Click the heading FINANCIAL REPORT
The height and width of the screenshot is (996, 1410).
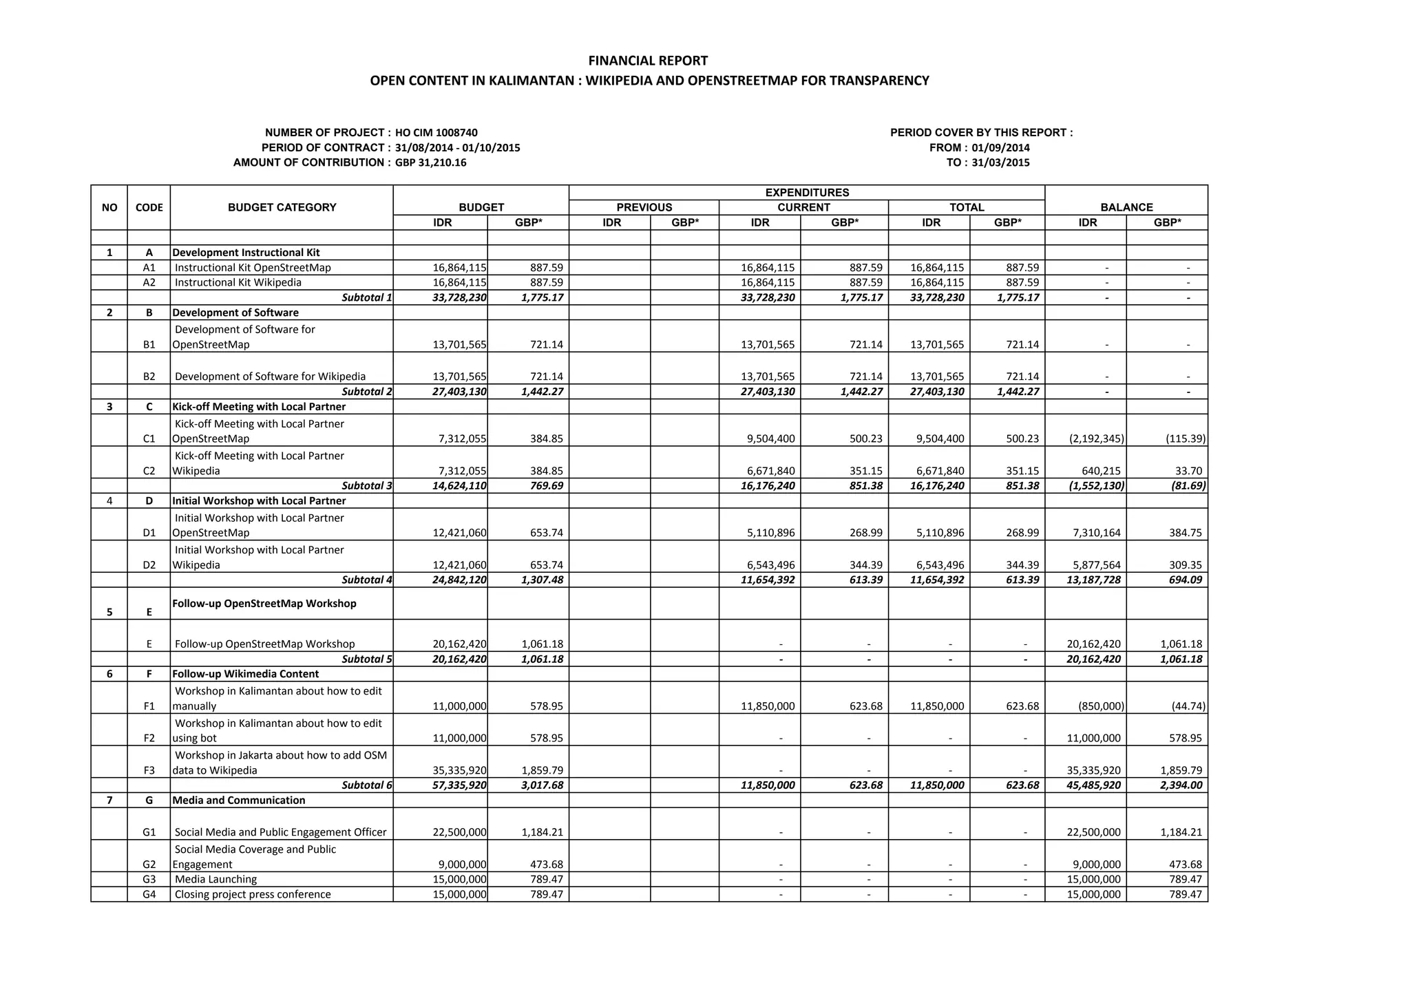[x=648, y=61]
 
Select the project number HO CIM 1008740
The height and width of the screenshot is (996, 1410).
[x=436, y=133]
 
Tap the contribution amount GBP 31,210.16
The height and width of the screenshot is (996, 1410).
[x=431, y=162]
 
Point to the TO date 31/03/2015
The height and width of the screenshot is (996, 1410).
[x=1000, y=163]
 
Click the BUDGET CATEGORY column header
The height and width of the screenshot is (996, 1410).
[x=282, y=207]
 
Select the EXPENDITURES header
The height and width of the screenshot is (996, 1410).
[x=807, y=193]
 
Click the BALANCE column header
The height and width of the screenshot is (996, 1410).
[x=1126, y=207]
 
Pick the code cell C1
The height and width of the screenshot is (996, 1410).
[x=149, y=439]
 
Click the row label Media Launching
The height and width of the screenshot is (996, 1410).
[x=215, y=880]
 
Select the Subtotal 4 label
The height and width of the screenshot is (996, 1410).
[x=366, y=580]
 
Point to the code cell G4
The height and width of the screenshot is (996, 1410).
[x=149, y=895]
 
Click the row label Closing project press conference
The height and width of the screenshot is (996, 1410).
[x=253, y=895]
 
